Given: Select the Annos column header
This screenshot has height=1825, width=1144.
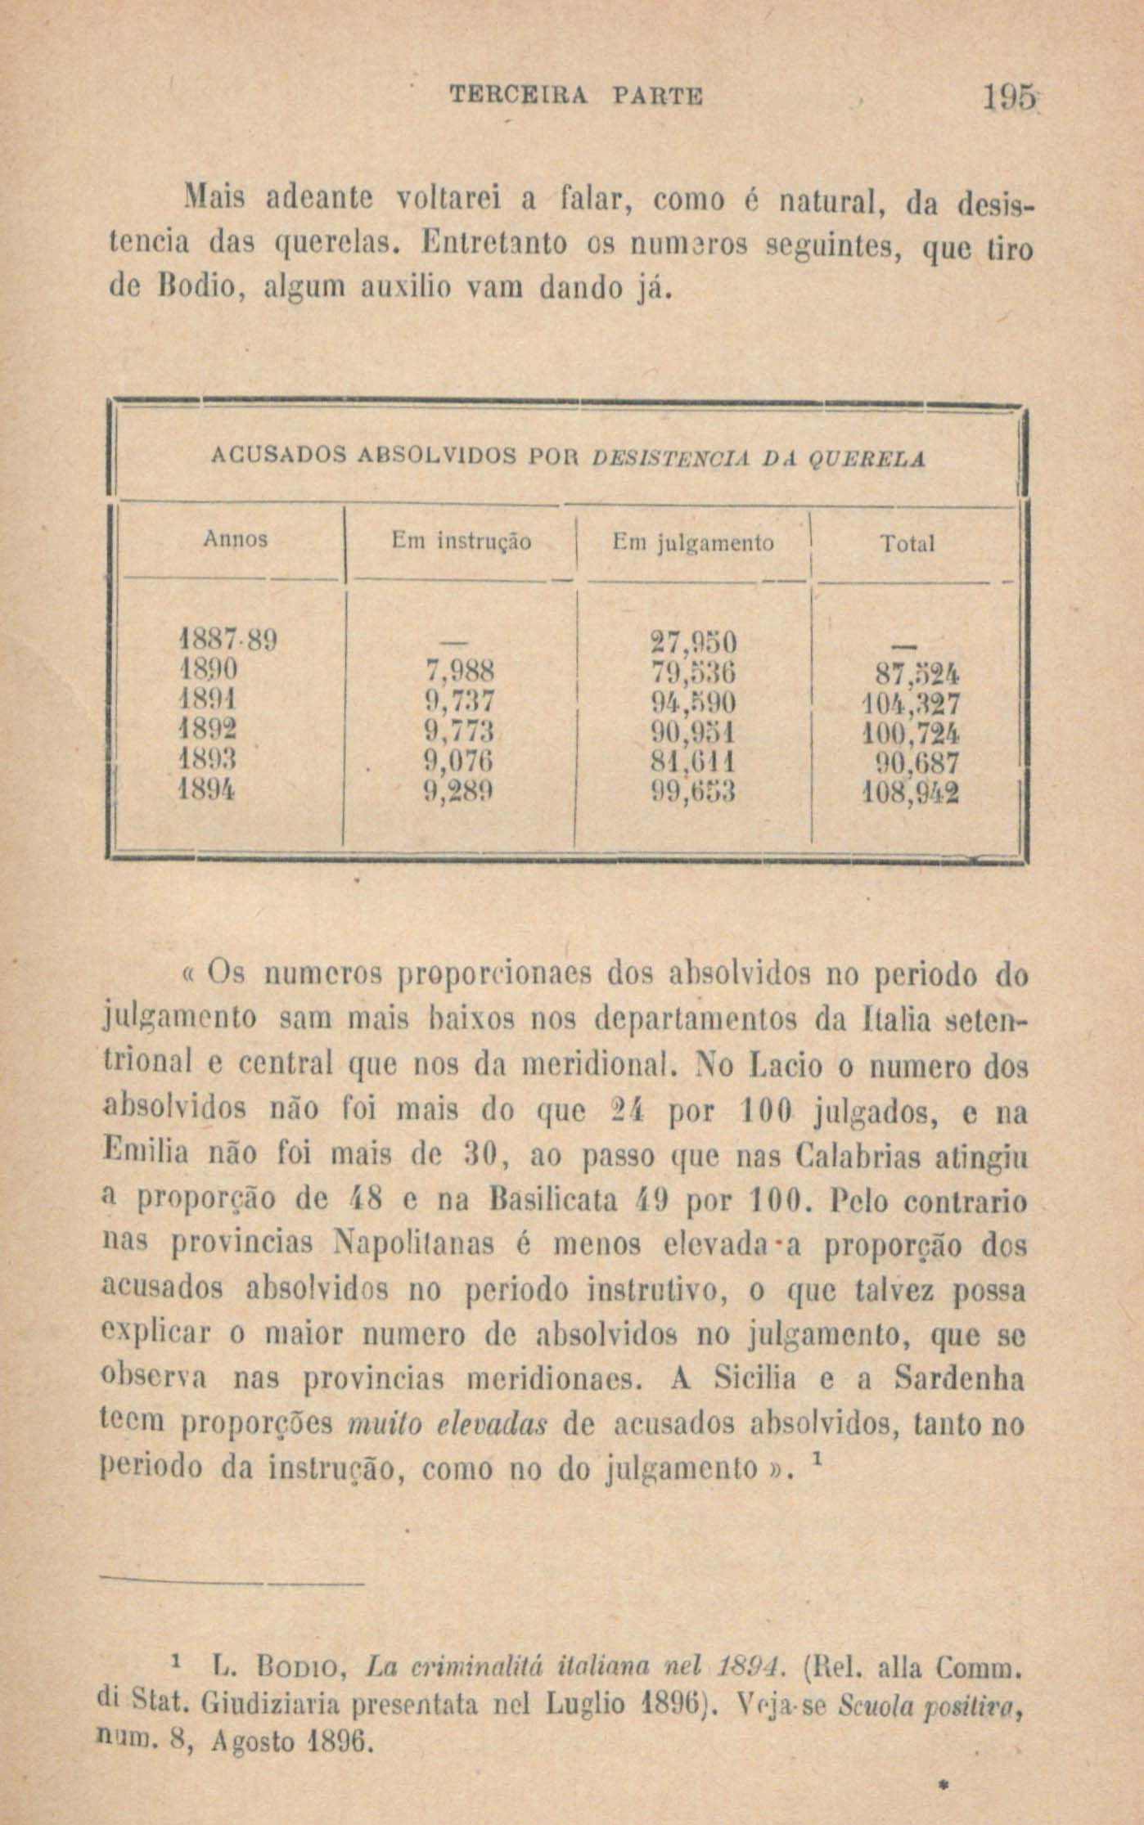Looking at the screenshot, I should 235,540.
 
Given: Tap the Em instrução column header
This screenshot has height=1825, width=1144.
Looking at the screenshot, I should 461,542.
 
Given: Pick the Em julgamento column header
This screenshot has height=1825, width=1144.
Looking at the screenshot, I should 693,542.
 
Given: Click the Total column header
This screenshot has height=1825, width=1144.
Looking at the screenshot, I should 907,544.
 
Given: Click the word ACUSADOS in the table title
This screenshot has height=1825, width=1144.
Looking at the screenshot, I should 279,458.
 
